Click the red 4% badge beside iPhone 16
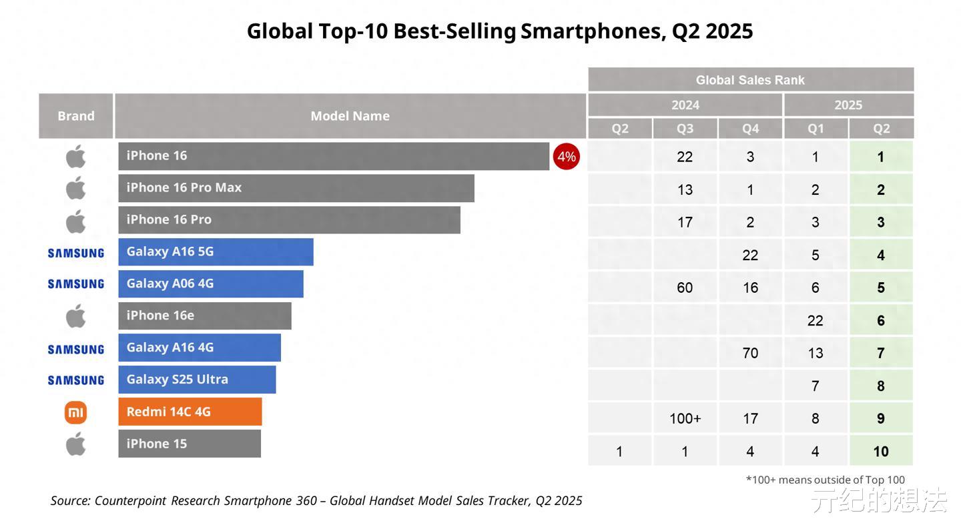pyautogui.click(x=566, y=157)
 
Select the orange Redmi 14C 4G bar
pyautogui.click(x=190, y=412)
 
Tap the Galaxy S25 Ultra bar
pyautogui.click(x=197, y=380)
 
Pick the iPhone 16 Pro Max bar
pyautogui.click(x=296, y=188)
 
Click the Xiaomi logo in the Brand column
pyautogui.click(x=75, y=413)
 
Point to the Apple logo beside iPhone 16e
pyautogui.click(x=76, y=316)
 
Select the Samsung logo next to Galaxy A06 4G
pyautogui.click(x=76, y=284)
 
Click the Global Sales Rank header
pyautogui.click(x=750, y=80)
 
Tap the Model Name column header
pyautogui.click(x=350, y=116)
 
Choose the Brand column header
pyautogui.click(x=76, y=116)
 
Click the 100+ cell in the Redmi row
pyautogui.click(x=685, y=418)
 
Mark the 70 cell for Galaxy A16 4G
pyautogui.click(x=750, y=353)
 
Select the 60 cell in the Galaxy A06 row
pyautogui.click(x=685, y=288)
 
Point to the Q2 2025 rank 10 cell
pyautogui.click(x=880, y=452)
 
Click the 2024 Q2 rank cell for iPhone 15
pyautogui.click(x=619, y=452)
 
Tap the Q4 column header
pyautogui.click(x=750, y=129)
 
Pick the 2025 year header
pyautogui.click(x=848, y=105)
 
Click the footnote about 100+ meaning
pyautogui.click(x=825, y=480)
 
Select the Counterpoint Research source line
pyautogui.click(x=316, y=500)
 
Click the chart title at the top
pyautogui.click(x=500, y=31)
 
